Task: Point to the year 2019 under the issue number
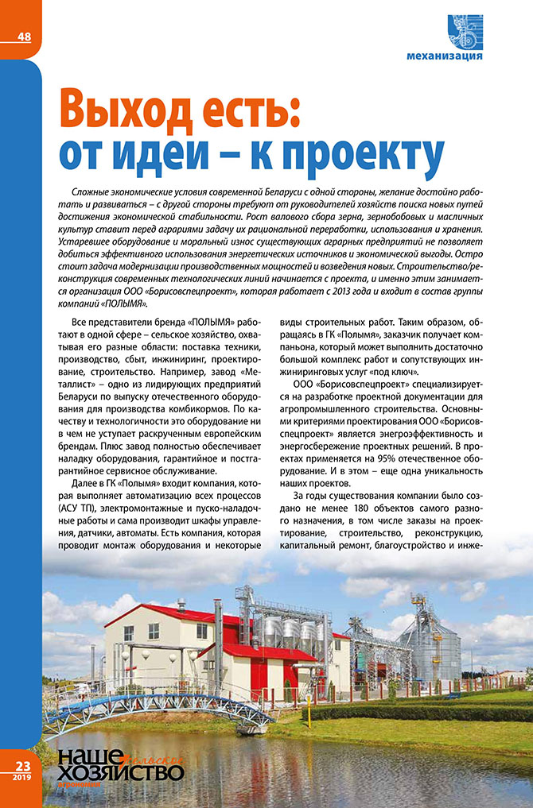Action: pos(21,777)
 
